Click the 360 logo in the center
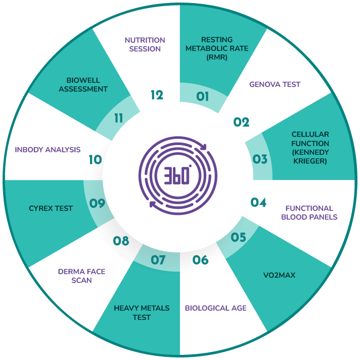click(x=178, y=176)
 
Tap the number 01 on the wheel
click(x=203, y=97)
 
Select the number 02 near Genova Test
click(x=241, y=122)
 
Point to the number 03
click(x=260, y=159)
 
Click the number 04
click(x=258, y=202)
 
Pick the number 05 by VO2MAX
click(x=238, y=237)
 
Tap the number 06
click(x=201, y=260)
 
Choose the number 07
click(x=158, y=260)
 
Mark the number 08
click(x=121, y=241)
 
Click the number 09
click(x=97, y=203)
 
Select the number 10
click(x=95, y=159)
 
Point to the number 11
click(x=118, y=118)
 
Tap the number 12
click(x=157, y=95)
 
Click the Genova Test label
click(x=275, y=84)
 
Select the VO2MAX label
click(x=279, y=275)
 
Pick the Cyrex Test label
click(x=51, y=208)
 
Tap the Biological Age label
click(x=216, y=308)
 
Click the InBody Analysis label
click(x=48, y=150)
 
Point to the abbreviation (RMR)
click(x=217, y=57)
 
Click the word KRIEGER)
click(x=310, y=161)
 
